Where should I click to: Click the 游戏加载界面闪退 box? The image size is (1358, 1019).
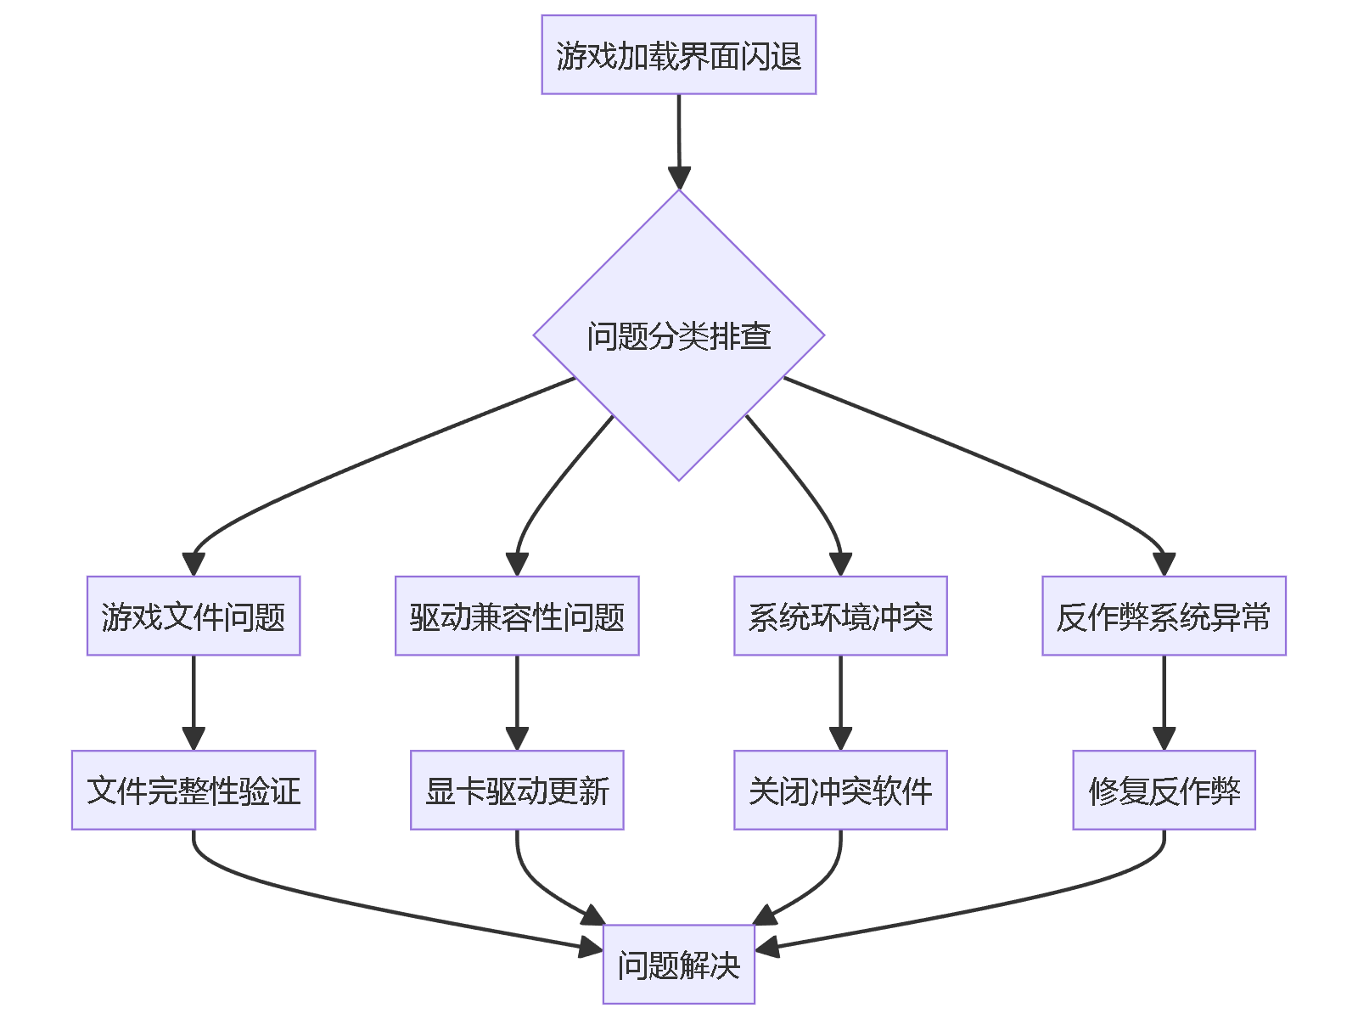pos(678,55)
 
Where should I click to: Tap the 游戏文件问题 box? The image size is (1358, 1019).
pos(194,616)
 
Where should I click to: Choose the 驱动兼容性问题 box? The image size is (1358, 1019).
pos(517,616)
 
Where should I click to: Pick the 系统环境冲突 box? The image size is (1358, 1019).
pos(840,616)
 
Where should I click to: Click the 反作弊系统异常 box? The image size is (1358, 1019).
pos(1164,616)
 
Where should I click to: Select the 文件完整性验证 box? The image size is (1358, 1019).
pos(194,791)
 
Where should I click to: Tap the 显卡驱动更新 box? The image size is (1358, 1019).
pos(517,791)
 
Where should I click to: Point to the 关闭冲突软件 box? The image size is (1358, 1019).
pos(840,791)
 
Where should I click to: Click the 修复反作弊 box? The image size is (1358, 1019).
pos(1164,791)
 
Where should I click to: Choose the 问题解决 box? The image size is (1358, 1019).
pos(678,965)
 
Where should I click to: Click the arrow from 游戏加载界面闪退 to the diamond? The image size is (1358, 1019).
pos(679,136)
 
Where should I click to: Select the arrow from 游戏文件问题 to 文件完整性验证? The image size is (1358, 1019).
pos(194,696)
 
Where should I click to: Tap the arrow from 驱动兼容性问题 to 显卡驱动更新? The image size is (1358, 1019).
pos(517,696)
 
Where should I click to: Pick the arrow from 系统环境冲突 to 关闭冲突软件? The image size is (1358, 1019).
pos(840,696)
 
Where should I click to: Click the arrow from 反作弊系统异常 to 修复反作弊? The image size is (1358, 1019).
pos(1164,696)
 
